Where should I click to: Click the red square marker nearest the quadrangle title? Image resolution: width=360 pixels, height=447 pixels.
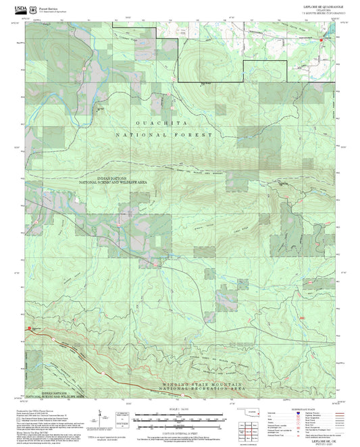tap(321, 41)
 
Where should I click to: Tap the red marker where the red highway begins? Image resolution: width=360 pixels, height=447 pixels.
tap(28, 329)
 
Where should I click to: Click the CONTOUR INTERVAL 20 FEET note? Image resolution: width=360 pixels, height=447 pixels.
tap(180, 434)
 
